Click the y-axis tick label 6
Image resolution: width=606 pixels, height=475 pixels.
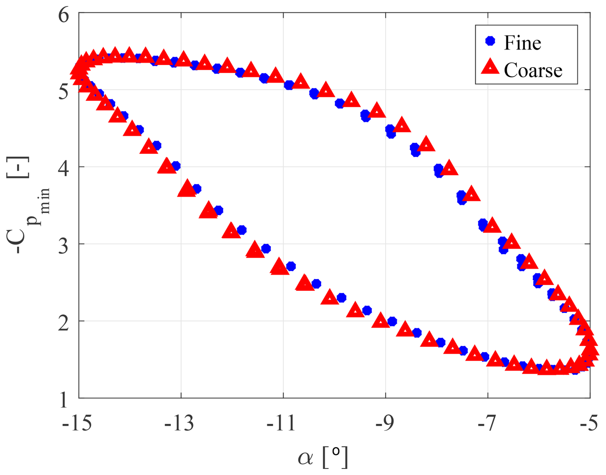63,15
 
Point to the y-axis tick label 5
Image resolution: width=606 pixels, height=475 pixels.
63,92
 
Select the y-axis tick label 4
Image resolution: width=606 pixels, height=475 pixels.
63,169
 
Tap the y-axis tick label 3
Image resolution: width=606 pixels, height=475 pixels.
63,246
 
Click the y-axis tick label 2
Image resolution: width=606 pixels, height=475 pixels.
63,323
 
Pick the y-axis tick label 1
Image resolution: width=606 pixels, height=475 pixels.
63,400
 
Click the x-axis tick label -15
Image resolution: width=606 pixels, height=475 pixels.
77,423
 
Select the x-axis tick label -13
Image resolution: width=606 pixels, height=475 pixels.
179,423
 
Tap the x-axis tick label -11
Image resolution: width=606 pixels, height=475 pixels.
281,423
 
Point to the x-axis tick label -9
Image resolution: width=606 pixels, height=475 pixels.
384,423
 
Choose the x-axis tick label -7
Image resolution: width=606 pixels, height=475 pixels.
487,423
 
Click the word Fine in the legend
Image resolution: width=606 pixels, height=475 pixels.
522,43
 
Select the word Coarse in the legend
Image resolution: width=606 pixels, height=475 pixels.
533,70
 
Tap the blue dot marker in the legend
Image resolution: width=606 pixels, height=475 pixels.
490,41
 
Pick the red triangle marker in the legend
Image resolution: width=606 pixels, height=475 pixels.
490,67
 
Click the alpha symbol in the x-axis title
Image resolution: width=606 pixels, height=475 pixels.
305,458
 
